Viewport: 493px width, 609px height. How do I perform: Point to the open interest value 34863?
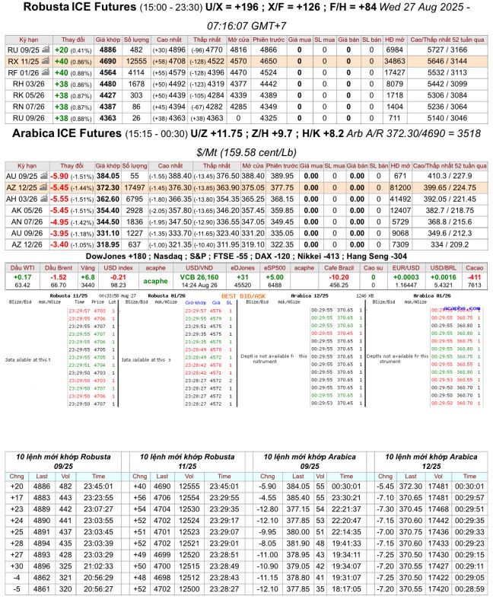(394, 60)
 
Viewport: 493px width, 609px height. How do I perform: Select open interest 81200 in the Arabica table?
(394, 187)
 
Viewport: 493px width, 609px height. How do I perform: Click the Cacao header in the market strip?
(474, 268)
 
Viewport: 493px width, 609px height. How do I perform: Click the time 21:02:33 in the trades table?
(97, 566)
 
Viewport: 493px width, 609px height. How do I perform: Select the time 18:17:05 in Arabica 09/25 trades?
(346, 588)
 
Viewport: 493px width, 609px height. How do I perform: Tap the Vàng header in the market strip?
(88, 268)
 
